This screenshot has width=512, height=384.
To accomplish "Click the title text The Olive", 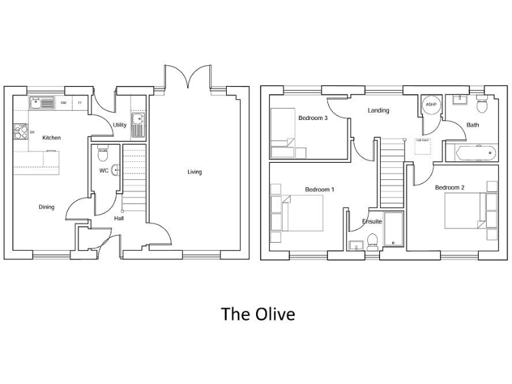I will point(257,313).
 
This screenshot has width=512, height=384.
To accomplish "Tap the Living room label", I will point(194,172).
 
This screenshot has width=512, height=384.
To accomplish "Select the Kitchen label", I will point(51,138).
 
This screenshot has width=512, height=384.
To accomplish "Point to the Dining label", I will point(46,207).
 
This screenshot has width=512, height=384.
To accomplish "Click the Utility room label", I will point(119,125).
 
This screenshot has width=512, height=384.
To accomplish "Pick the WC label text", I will point(104,171).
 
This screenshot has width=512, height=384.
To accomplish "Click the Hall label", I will point(119,218).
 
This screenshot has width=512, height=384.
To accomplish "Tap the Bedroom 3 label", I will point(313,118).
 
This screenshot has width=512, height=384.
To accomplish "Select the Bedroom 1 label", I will point(319,190).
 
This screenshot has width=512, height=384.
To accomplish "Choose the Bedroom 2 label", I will point(449,188).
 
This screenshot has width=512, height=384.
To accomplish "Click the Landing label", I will point(379,111).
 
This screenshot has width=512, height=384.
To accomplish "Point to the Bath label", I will point(473,125).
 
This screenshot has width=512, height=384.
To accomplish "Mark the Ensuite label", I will point(372,221).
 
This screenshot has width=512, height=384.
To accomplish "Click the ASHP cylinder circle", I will point(431,105).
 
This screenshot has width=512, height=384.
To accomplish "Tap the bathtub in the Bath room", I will point(471,153).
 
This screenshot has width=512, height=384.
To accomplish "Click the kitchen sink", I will point(42,103).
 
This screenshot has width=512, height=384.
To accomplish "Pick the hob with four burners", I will point(20,131).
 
